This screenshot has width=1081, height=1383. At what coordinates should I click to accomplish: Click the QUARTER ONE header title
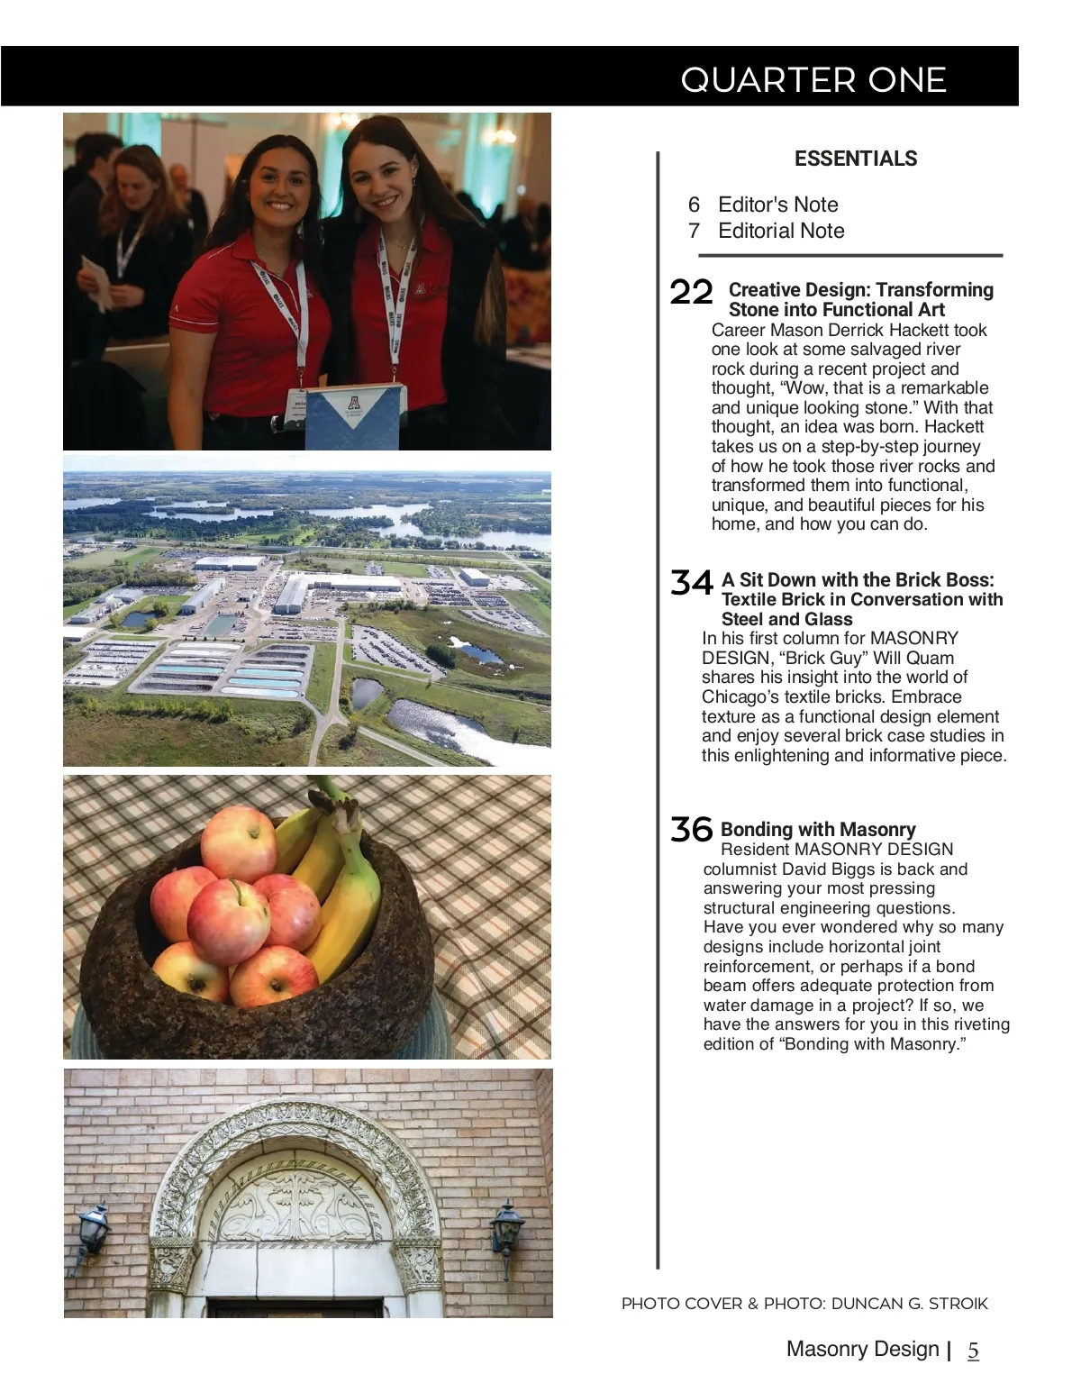click(x=813, y=80)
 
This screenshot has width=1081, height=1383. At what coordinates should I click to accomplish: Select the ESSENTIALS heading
click(x=855, y=159)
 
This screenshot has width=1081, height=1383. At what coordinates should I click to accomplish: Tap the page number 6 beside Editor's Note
click(x=694, y=205)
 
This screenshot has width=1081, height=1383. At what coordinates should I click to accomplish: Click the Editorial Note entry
click(x=780, y=231)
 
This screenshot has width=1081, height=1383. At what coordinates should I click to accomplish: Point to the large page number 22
click(x=691, y=292)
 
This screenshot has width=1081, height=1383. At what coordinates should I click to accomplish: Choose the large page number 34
click(x=691, y=583)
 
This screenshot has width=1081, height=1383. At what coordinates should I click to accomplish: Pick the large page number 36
click(x=691, y=829)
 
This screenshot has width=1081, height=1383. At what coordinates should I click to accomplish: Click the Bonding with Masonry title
click(x=817, y=829)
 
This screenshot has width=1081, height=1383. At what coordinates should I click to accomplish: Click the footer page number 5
click(x=973, y=1350)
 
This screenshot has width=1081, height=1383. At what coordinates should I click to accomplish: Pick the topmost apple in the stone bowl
click(x=238, y=842)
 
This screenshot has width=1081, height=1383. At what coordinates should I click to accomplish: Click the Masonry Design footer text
click(x=862, y=1349)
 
